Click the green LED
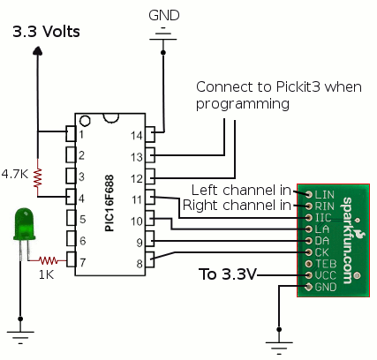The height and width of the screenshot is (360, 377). click(24, 224)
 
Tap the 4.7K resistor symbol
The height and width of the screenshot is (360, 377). click(38, 178)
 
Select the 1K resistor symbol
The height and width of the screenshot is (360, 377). click(48, 260)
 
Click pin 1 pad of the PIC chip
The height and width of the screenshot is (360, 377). click(71, 133)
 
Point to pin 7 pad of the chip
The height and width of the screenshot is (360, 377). click(71, 259)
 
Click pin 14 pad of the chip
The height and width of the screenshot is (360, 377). click(150, 134)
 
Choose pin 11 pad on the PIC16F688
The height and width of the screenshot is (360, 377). click(150, 198)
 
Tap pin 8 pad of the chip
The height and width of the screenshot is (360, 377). click(150, 260)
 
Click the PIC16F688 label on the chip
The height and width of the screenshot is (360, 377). click(109, 203)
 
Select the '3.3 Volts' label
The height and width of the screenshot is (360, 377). click(46, 32)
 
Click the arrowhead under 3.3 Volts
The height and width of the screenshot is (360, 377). click(37, 50)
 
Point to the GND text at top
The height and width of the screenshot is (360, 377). click(164, 15)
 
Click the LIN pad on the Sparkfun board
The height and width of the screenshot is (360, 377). click(308, 194)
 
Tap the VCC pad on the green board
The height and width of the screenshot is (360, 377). click(308, 275)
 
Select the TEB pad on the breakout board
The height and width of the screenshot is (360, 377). click(308, 264)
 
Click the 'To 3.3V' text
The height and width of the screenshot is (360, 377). click(227, 274)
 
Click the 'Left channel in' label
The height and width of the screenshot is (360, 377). click(241, 190)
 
